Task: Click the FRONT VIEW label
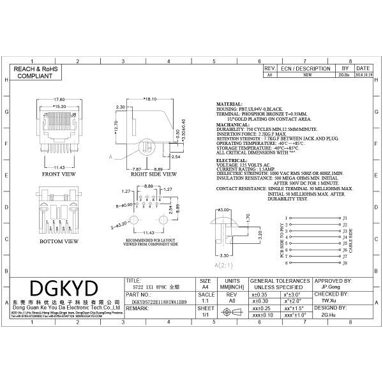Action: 59,174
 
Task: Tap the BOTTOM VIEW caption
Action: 59,242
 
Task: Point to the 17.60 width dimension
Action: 59,100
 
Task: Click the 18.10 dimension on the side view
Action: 151,100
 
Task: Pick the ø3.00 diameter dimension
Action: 224,209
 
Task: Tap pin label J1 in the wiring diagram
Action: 345,218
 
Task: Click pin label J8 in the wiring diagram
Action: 345,262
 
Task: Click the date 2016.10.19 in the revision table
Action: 363,75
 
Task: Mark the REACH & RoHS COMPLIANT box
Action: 37,71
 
